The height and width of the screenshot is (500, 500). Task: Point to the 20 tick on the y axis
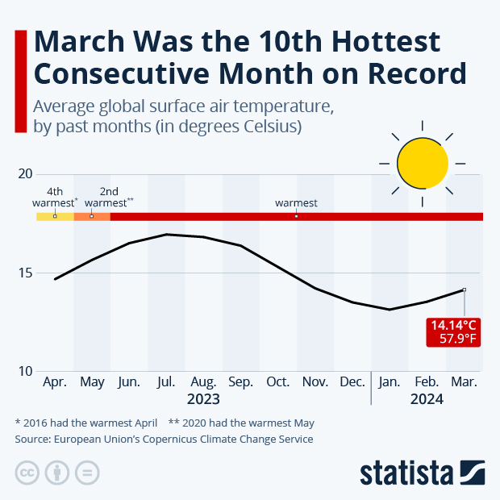click(24, 174)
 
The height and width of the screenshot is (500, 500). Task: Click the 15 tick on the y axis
click(24, 273)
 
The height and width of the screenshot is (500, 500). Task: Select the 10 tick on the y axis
click(24, 371)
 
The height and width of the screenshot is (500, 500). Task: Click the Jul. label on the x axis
click(166, 381)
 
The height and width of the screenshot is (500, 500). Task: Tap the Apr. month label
click(55, 381)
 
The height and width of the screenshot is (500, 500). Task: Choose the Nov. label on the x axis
click(315, 381)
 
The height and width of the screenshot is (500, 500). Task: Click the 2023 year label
click(203, 398)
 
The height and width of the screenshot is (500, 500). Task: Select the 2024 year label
click(427, 398)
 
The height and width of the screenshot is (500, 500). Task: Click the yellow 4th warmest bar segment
click(55, 216)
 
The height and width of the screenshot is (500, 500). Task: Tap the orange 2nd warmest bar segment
click(92, 216)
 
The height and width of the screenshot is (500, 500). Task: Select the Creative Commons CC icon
click(27, 473)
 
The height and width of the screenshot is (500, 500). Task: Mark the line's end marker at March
click(464, 290)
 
